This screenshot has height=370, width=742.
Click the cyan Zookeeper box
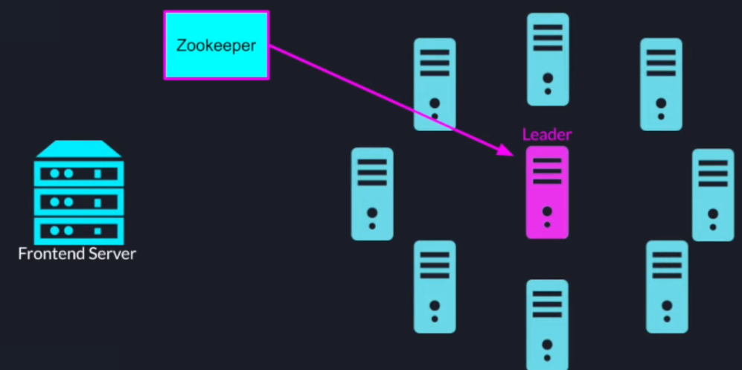216,45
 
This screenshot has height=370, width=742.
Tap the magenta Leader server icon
547,192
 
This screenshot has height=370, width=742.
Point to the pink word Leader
547,135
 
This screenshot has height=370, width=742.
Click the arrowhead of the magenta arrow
506,151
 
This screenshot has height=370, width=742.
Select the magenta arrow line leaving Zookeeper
372,92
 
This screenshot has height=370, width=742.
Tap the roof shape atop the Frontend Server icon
78,149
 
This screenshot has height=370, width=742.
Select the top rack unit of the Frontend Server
78,173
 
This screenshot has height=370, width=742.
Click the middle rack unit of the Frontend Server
78,202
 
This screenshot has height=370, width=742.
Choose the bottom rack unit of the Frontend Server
78,229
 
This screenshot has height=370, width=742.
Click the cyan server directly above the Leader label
548,59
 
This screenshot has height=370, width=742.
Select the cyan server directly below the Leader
547,324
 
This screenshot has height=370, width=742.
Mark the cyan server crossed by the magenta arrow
435,84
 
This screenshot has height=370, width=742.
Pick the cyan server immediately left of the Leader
372,194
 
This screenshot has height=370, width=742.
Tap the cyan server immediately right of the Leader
713,194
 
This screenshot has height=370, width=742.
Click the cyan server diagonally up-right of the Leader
661,84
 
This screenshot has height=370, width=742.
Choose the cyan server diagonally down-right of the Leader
667,286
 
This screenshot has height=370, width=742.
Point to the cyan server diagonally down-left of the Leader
435,286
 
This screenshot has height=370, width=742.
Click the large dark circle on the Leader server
547,211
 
